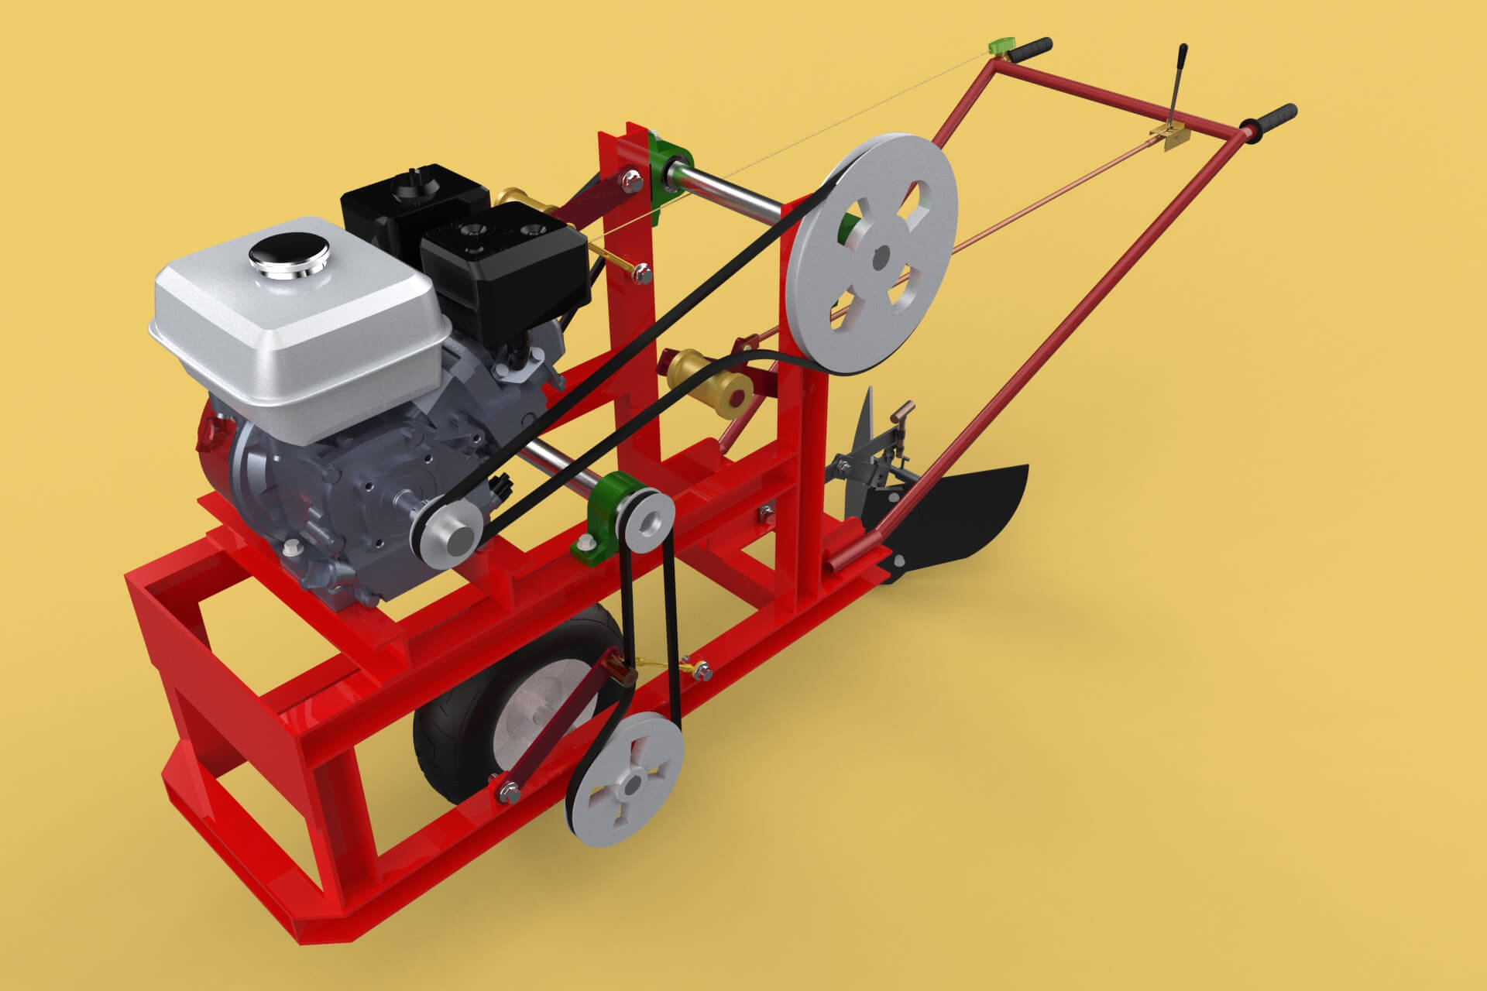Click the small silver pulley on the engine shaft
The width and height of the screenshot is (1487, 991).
pyautogui.click(x=448, y=537)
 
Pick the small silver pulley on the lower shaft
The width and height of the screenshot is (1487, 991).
pyautogui.click(x=647, y=520)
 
